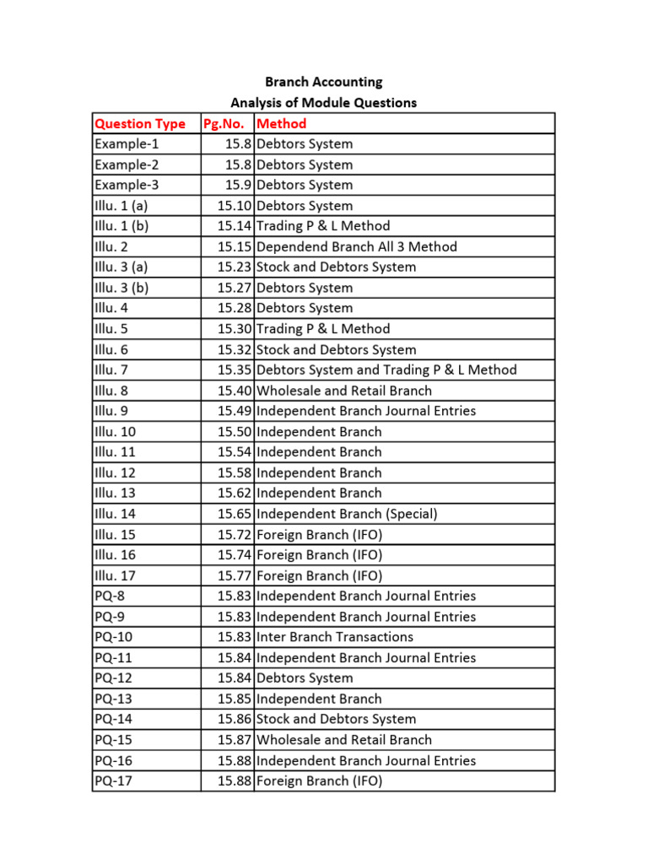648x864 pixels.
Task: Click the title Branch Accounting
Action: tap(323, 82)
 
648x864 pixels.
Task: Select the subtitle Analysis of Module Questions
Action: tap(323, 103)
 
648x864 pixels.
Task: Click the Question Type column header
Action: tap(140, 124)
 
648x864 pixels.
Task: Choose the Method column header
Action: tap(282, 124)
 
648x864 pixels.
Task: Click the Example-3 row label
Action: tap(127, 185)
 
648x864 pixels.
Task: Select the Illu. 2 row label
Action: tap(111, 246)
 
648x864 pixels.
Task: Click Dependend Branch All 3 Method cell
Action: tap(356, 246)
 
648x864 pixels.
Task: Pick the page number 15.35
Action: tap(235, 370)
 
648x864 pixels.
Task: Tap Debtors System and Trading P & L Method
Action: tap(386, 370)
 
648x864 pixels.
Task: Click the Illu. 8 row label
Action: tap(111, 391)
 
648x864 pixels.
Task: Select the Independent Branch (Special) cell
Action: tap(347, 514)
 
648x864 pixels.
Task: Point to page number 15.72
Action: tap(235, 534)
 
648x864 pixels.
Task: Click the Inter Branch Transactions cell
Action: tap(335, 637)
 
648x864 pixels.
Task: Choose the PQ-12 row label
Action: tap(114, 678)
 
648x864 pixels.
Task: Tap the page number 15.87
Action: tap(235, 740)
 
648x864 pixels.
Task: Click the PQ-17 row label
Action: tap(114, 781)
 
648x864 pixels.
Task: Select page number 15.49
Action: tap(235, 411)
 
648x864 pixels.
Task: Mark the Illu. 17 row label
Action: tap(115, 575)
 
